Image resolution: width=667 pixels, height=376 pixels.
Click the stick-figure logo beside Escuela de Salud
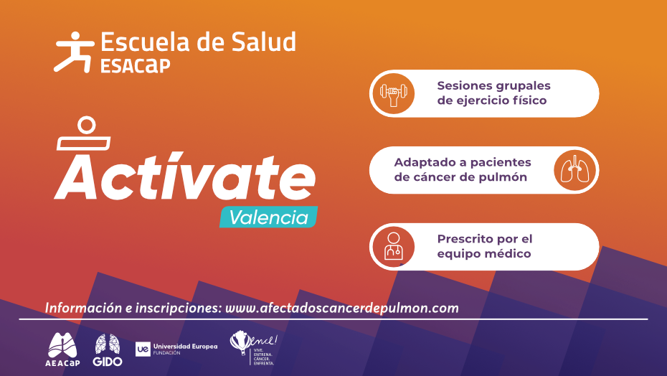pyautogui.click(x=74, y=52)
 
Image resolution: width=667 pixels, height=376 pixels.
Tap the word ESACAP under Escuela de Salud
pyautogui.click(x=136, y=66)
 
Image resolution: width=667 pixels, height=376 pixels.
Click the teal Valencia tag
pyautogui.click(x=268, y=217)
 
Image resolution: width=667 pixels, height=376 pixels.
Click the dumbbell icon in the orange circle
pyautogui.click(x=392, y=93)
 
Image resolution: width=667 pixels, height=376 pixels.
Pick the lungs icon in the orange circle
pyautogui.click(x=576, y=170)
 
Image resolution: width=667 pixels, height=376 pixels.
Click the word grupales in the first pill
pyautogui.click(x=523, y=85)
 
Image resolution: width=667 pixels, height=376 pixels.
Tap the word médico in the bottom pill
pyautogui.click(x=507, y=254)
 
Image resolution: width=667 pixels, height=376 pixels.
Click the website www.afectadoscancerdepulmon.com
pyautogui.click(x=342, y=308)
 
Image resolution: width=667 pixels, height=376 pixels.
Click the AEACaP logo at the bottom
pyautogui.click(x=63, y=347)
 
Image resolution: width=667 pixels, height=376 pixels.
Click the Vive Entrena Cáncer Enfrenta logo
pyautogui.click(x=252, y=347)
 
